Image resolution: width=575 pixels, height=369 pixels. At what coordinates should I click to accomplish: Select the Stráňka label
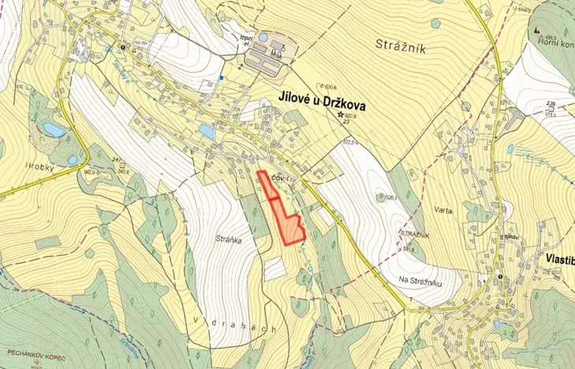[x=228, y=236]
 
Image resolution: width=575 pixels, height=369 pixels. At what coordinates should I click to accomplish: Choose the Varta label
[x=442, y=211]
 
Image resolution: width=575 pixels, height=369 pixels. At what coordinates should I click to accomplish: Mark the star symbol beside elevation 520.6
[x=342, y=115]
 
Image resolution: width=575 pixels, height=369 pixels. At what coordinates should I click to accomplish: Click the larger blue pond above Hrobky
[x=52, y=129]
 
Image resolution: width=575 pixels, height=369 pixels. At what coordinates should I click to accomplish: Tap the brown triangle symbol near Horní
[x=536, y=30]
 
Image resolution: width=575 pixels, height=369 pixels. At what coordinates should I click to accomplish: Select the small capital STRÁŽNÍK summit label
[x=413, y=235]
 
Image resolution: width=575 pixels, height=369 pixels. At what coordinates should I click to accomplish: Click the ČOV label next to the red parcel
[x=277, y=179]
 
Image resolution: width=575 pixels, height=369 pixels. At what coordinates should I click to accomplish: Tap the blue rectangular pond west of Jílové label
[x=207, y=129]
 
